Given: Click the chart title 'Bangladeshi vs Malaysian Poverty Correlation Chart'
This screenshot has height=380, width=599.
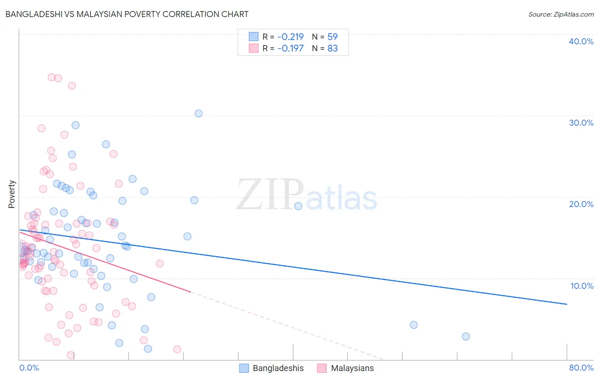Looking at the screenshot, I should [127, 14].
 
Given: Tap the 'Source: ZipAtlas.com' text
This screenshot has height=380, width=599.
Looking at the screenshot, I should [561, 14].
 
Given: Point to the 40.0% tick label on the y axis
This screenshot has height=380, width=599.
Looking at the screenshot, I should [581, 41].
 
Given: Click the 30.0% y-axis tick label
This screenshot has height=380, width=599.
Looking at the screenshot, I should [581, 123].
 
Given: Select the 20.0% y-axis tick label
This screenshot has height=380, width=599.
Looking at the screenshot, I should [581, 204].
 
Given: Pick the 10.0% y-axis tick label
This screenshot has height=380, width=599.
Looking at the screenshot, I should [582, 286].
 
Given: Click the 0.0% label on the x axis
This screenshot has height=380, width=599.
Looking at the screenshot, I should [29, 368].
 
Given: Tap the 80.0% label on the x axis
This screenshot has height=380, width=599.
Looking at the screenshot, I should [581, 368].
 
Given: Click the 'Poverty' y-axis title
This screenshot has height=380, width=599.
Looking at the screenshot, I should [12, 194].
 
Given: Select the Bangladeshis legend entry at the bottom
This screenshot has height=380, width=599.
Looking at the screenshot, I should [272, 368].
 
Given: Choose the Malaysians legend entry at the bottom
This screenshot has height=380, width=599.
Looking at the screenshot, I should [346, 368].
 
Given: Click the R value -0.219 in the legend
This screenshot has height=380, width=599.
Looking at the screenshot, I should [290, 37].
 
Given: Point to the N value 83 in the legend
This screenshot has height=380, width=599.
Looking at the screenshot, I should [332, 49].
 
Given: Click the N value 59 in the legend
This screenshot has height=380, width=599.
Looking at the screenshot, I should [332, 37].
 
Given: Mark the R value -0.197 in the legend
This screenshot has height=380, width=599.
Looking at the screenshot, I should [290, 49].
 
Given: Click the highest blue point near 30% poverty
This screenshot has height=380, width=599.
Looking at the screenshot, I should [199, 113].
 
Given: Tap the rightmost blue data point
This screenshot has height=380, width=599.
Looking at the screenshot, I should [466, 337].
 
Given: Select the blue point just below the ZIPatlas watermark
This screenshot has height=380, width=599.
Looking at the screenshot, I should [298, 206].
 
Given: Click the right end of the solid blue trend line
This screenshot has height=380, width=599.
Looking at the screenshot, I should [567, 304].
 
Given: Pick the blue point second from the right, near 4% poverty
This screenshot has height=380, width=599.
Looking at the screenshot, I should [414, 325].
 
